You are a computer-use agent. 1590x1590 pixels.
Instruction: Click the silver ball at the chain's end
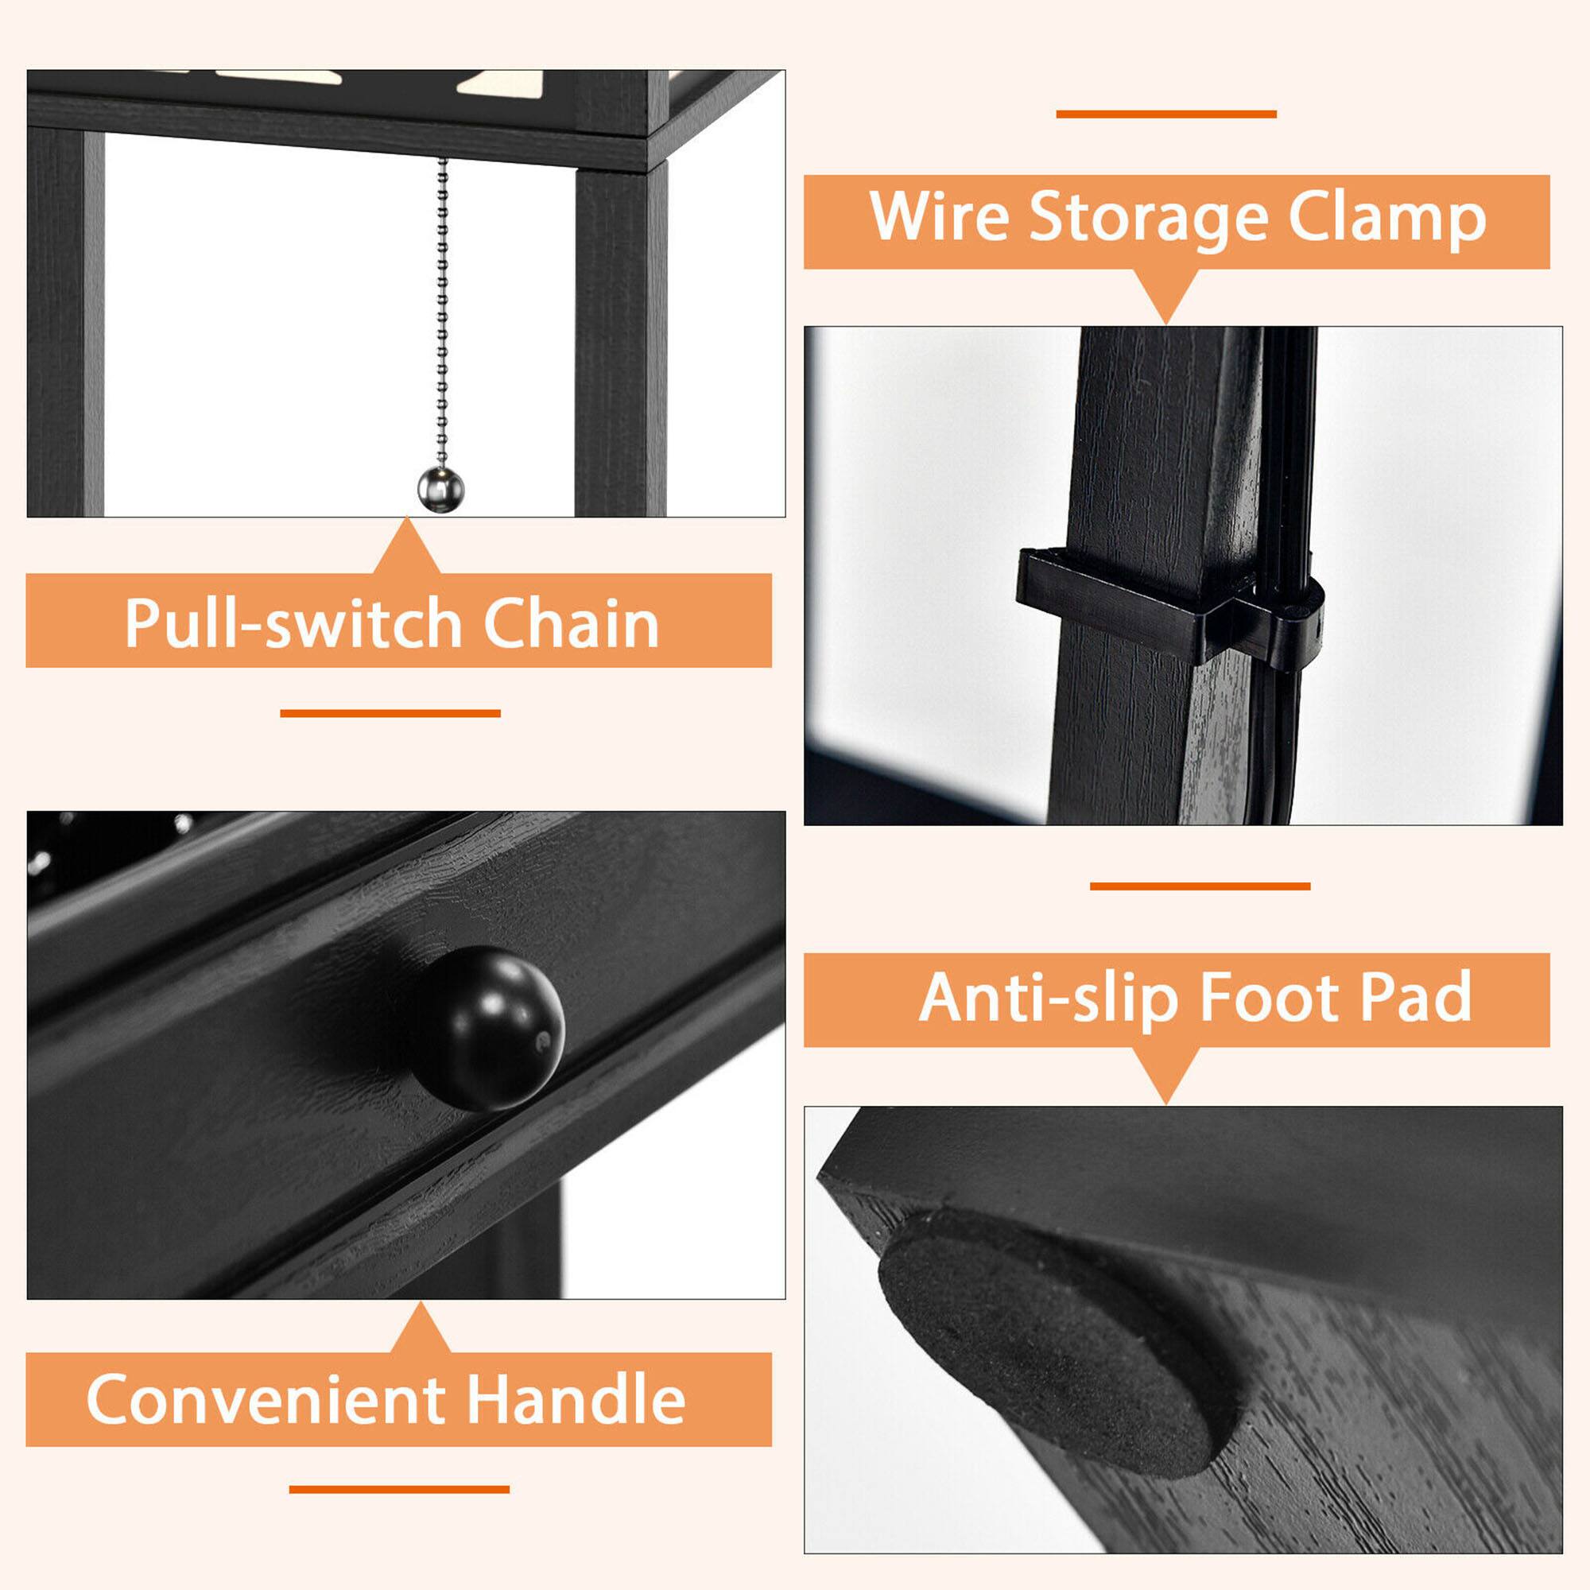click(441, 489)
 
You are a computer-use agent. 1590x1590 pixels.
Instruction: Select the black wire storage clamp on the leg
click(1169, 605)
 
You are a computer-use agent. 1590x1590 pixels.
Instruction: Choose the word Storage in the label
click(1149, 219)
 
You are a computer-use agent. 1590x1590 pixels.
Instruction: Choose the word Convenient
click(265, 1399)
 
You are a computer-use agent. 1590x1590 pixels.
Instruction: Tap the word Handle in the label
click(576, 1399)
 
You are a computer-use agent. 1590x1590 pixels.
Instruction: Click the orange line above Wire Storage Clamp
click(1166, 114)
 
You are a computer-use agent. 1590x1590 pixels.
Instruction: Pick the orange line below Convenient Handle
click(399, 1489)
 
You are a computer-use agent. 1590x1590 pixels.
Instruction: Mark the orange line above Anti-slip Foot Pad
click(1200, 886)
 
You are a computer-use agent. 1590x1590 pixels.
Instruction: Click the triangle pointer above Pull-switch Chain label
click(406, 550)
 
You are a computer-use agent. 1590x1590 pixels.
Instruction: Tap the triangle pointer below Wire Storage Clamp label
click(1165, 294)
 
